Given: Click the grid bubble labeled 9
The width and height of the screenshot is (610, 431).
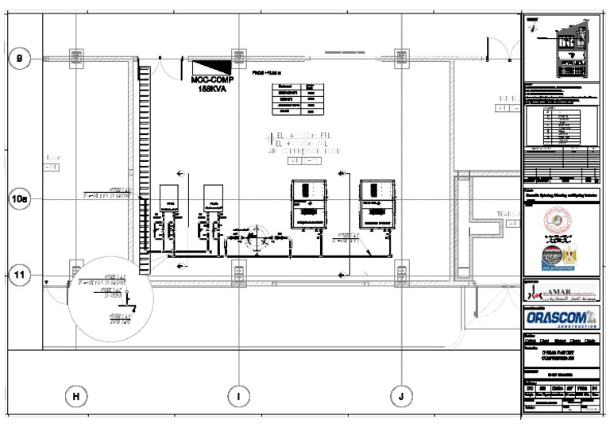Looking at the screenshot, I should point(20,58).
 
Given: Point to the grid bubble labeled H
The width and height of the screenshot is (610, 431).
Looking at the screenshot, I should point(75,394).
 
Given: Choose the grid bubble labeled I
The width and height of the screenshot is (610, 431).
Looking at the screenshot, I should point(237,394).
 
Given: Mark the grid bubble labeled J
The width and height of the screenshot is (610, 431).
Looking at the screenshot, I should point(401,394).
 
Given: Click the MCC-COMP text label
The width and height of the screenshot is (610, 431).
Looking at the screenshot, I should point(210,80).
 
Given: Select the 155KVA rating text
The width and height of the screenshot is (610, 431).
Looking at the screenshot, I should point(210,90).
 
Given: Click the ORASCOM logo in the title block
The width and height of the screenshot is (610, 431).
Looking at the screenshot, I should point(561,318).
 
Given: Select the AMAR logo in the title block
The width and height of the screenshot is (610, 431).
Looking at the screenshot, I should point(561,294).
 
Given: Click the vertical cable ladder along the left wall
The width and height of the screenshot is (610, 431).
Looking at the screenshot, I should point(144,159).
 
